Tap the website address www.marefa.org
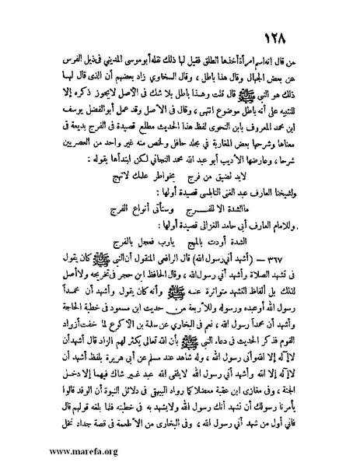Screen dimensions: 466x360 click(62, 450)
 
